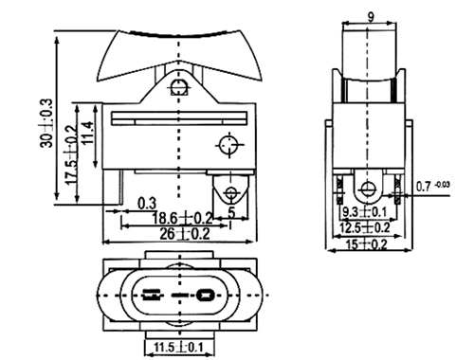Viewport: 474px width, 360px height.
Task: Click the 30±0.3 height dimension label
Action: coord(46,123)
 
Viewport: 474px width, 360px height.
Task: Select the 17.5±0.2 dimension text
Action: coord(71,154)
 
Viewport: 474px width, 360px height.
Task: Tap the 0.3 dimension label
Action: coord(147,204)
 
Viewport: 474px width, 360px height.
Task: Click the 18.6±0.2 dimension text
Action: coord(182,218)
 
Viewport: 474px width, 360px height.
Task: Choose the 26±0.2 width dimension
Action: coord(185,234)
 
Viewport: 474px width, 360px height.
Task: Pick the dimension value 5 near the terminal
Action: coord(232,213)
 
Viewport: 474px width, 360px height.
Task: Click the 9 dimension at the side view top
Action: coord(371,17)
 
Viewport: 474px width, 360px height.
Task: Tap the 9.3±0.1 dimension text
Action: coord(365,211)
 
